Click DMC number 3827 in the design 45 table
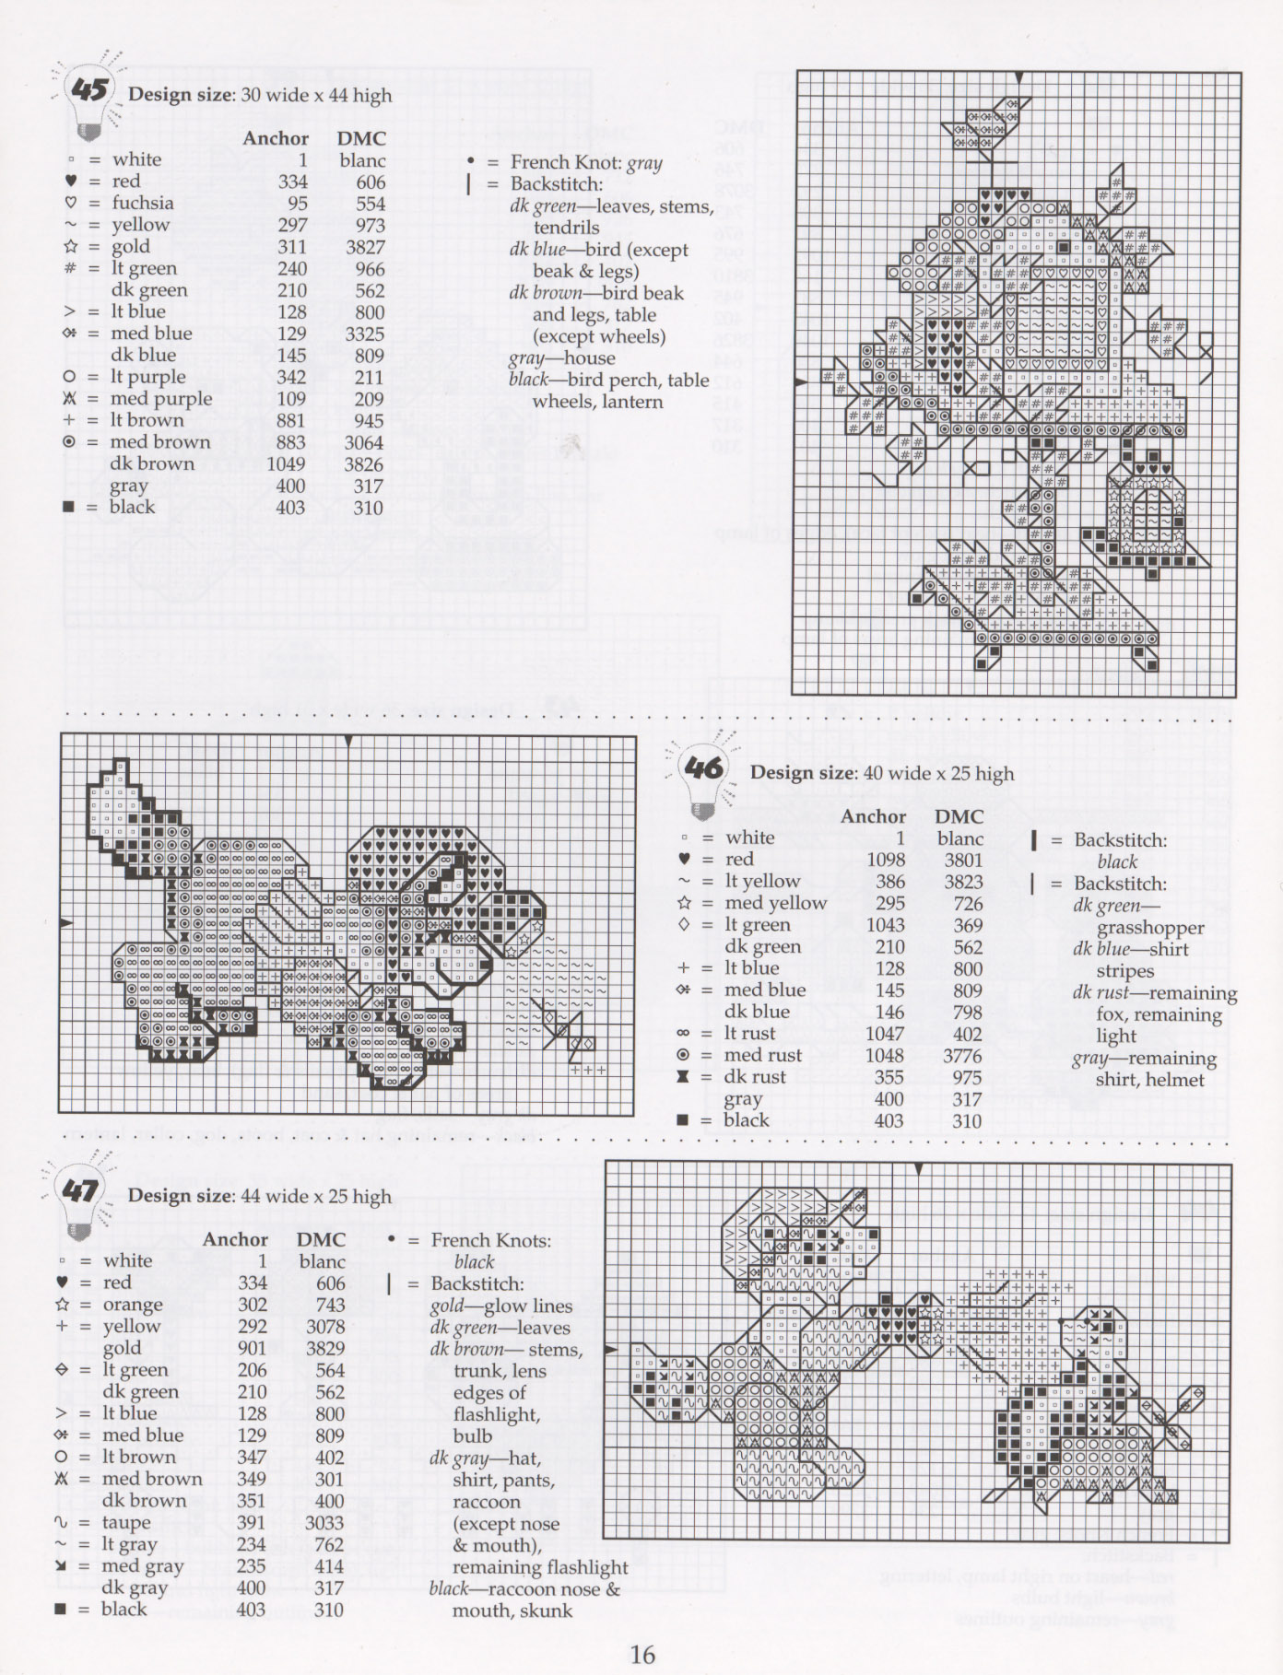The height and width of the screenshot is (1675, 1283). [x=365, y=247]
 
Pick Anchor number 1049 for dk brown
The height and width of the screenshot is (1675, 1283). [x=286, y=464]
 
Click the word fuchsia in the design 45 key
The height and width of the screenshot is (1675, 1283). [x=143, y=203]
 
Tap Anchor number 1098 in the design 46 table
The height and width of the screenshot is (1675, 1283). [x=886, y=860]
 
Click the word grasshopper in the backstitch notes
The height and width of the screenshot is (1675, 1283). [x=1149, y=928]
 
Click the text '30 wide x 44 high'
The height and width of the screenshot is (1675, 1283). [x=316, y=95]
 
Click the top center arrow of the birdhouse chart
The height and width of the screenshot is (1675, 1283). [x=1018, y=77]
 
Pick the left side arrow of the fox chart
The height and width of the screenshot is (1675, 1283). [x=66, y=922]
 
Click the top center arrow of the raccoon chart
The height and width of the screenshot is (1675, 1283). [x=918, y=1169]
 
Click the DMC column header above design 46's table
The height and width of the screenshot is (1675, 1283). [x=959, y=816]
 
